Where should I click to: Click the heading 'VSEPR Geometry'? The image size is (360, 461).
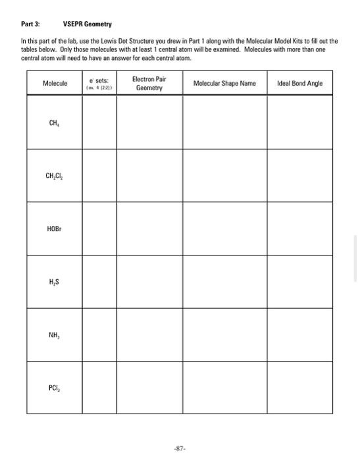[x=86, y=23]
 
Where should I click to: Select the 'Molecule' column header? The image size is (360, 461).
[x=55, y=84]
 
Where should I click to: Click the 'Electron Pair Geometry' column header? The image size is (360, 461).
[x=149, y=84]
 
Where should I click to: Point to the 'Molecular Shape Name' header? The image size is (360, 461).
[x=224, y=84]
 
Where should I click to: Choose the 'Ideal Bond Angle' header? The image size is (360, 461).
[x=300, y=84]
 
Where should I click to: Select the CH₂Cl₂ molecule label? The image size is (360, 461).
[x=55, y=176]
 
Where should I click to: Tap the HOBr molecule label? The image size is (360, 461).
[x=55, y=229]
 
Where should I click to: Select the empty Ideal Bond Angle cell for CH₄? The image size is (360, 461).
[x=300, y=122]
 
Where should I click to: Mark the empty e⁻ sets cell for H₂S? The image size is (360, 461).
[x=99, y=282]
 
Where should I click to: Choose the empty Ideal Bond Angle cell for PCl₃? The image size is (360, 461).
[x=300, y=387]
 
